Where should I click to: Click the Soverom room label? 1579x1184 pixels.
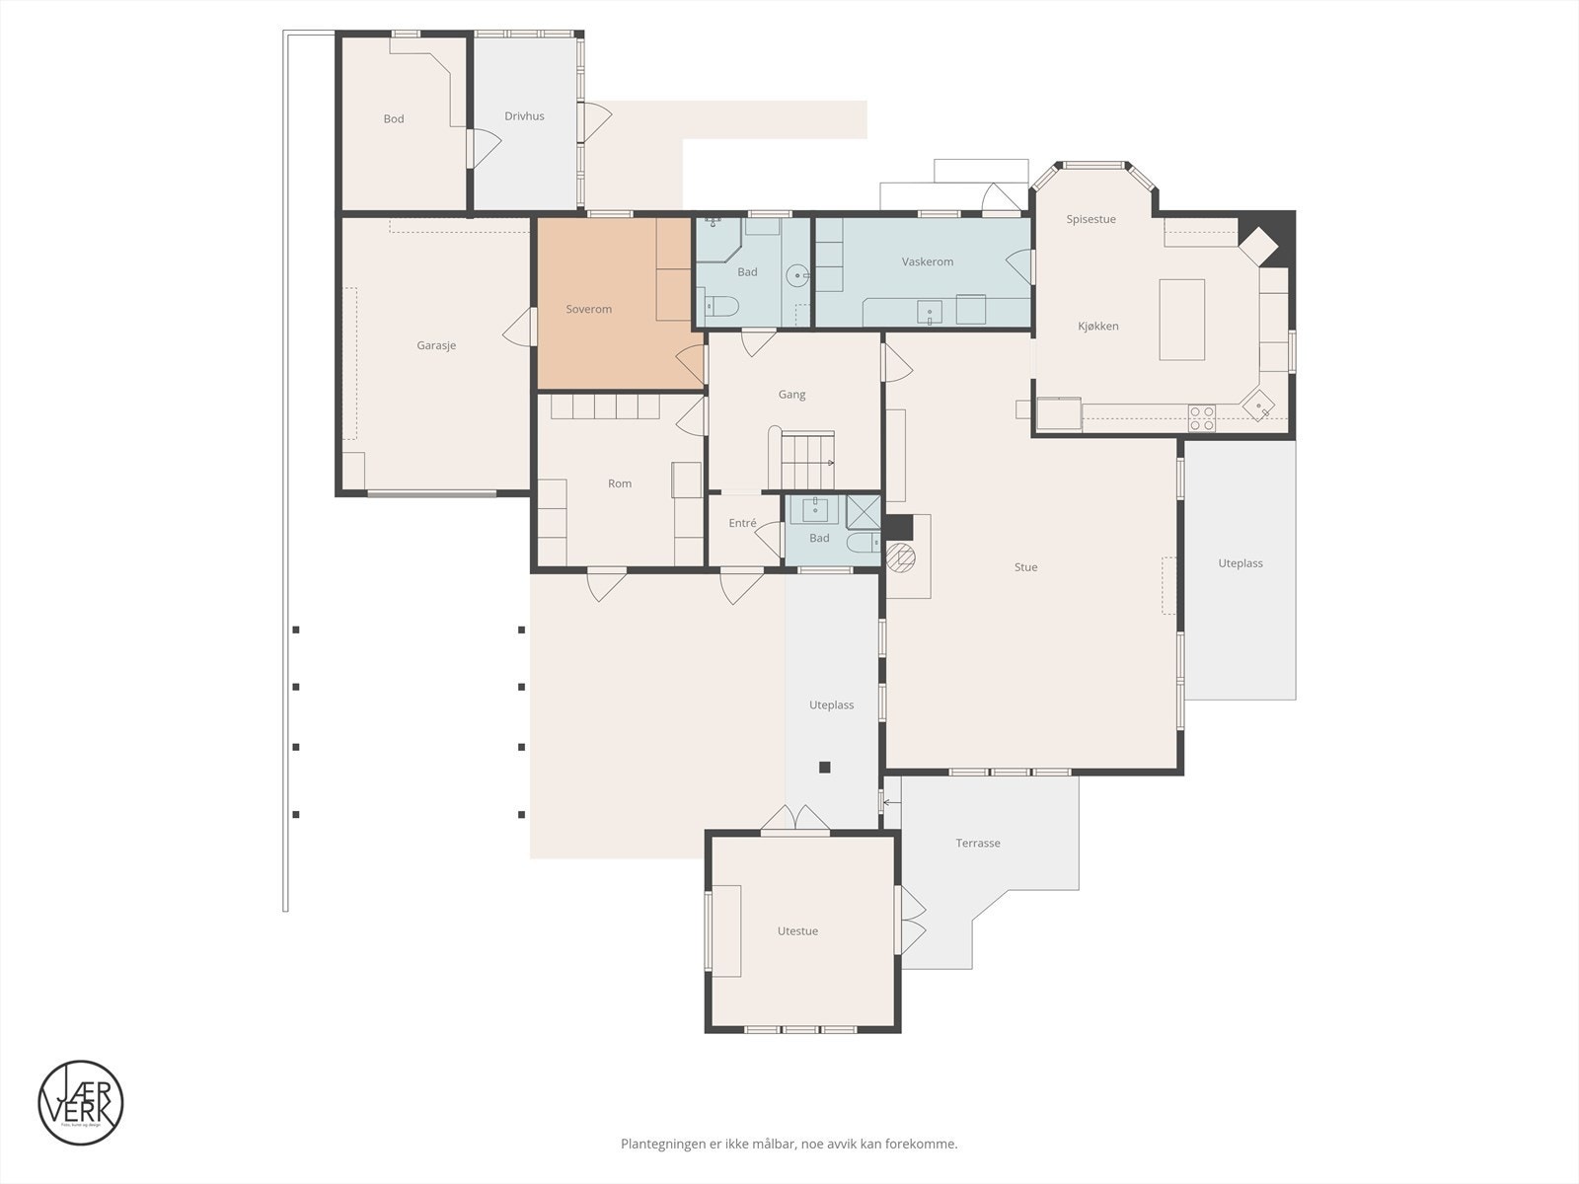[588, 309]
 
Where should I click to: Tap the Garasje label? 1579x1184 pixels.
[436, 345]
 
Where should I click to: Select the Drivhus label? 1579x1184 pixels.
[524, 115]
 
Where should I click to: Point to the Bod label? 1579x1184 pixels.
[394, 118]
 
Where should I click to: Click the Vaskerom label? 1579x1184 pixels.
[927, 261]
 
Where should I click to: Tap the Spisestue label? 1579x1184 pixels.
[1090, 219]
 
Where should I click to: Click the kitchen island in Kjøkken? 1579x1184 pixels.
[1181, 319]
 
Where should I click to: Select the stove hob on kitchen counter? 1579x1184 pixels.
[1201, 418]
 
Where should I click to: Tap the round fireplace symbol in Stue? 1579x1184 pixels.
[900, 557]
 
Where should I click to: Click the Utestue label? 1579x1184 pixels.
[797, 930]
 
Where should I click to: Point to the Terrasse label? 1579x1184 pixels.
[977, 843]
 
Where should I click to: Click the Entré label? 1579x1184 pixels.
[742, 523]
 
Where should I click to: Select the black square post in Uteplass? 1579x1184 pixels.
[825, 767]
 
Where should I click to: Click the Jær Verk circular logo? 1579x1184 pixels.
[81, 1102]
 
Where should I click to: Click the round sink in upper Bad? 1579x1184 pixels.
[797, 275]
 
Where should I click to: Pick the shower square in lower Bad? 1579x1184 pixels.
[863, 510]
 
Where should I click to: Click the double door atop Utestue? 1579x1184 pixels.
[794, 820]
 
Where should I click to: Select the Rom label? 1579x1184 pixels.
[619, 483]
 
